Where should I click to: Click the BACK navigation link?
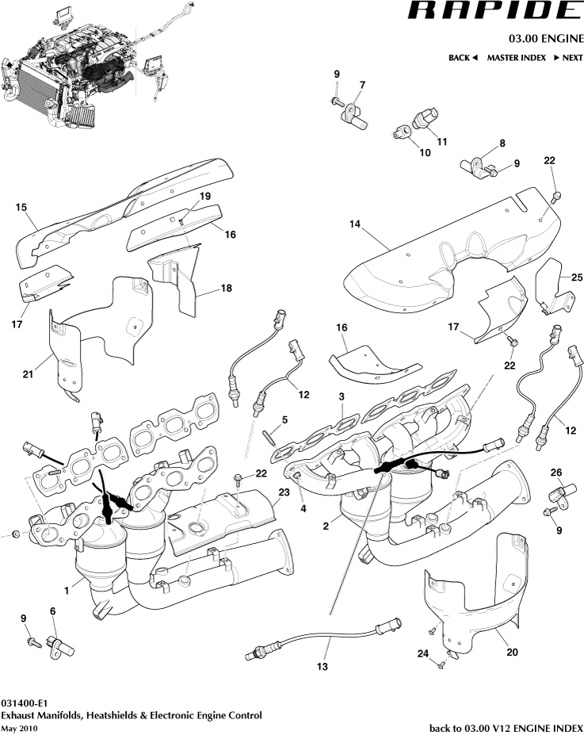pyautogui.click(x=463, y=58)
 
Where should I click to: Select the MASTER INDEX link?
pyautogui.click(x=517, y=58)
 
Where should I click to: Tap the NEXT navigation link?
pyautogui.click(x=567, y=58)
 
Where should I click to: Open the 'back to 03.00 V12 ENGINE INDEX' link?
pyautogui.click(x=506, y=728)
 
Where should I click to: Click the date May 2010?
pyautogui.click(x=19, y=728)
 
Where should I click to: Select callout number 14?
pyautogui.click(x=355, y=224)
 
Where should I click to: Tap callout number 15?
pyautogui.click(x=21, y=208)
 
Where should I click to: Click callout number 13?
pyautogui.click(x=322, y=667)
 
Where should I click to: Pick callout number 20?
pyautogui.click(x=512, y=654)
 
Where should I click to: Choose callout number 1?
pyautogui.click(x=67, y=589)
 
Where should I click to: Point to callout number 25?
pyautogui.click(x=576, y=276)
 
